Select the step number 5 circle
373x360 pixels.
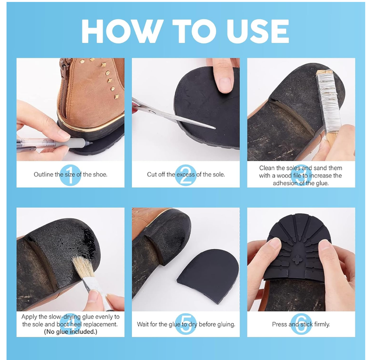(186, 324)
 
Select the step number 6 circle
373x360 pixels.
(301, 324)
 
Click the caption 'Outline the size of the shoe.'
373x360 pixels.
(70, 175)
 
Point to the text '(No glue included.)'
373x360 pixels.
(70, 332)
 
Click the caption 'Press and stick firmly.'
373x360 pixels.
(301, 324)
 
